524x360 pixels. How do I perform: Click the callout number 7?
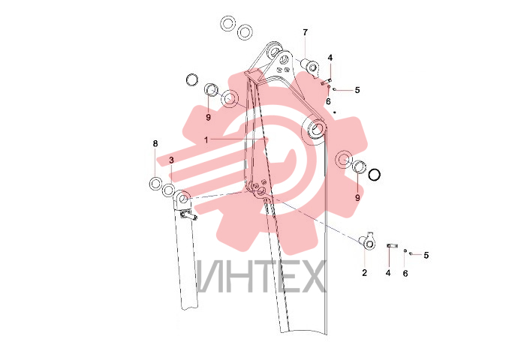pos(305,33)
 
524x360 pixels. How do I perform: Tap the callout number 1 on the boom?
pos(206,140)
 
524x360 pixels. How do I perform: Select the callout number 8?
pos(155,144)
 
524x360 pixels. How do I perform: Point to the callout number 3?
pos(171,160)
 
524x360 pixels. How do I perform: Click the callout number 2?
pos(364,273)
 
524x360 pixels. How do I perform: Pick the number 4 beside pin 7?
pos(330,58)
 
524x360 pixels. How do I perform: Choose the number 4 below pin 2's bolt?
pos(388,273)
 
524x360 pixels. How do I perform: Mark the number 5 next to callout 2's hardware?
pos(426,256)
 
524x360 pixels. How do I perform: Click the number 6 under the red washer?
pos(328,101)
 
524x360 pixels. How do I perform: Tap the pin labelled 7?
pos(310,66)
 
